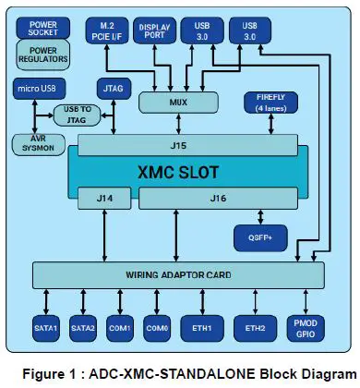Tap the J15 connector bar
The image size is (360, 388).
[x=180, y=145]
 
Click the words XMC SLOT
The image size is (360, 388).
[x=180, y=171]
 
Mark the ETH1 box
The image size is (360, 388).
[x=202, y=328]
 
